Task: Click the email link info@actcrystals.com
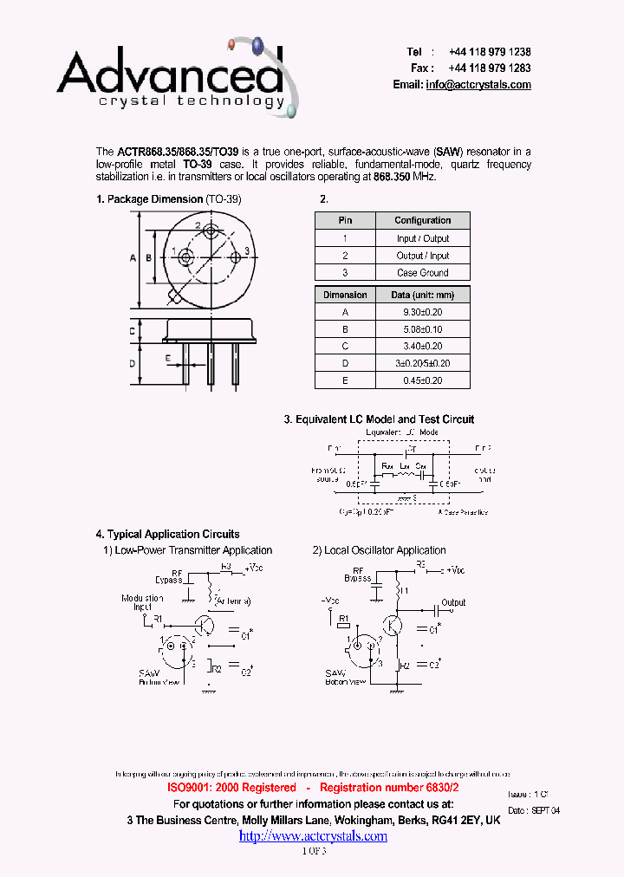point(478,85)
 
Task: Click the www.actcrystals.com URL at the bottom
point(313,836)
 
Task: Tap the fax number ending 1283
point(490,68)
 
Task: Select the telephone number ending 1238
point(490,52)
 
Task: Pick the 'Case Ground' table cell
point(422,273)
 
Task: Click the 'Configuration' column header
point(422,221)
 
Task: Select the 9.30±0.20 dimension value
point(422,312)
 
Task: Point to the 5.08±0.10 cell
point(422,329)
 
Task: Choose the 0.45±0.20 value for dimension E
point(422,380)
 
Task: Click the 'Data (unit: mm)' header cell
point(422,296)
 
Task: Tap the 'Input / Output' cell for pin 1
point(422,238)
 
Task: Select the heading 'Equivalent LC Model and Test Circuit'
point(385,419)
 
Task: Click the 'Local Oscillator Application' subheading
point(385,550)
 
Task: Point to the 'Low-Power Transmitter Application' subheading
point(193,550)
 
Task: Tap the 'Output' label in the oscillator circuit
point(453,602)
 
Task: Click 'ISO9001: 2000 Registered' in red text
point(231,788)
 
